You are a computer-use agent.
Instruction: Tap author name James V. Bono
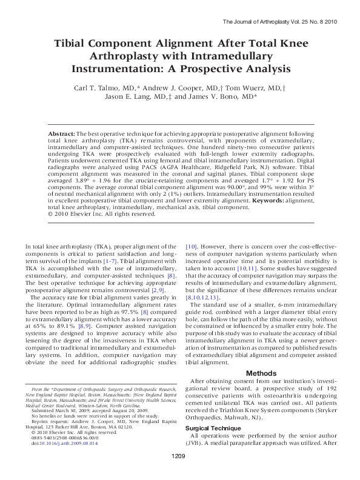pos(224,96)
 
